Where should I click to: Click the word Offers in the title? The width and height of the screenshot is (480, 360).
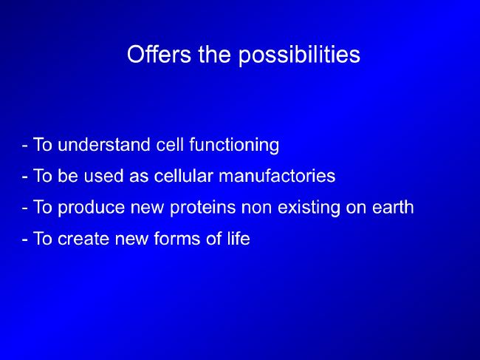point(159,55)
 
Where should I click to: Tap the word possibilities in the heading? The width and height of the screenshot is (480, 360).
point(299,56)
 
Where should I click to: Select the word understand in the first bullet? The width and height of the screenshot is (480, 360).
point(104,145)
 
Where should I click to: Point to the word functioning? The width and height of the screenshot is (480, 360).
point(234,145)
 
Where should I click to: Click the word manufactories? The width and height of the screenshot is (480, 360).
point(277,176)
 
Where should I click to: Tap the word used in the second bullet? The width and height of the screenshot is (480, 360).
point(103,176)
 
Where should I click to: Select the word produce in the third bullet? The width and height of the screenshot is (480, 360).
point(92,208)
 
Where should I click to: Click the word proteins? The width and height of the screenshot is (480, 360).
point(202,208)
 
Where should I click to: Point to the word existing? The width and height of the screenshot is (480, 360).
point(309,208)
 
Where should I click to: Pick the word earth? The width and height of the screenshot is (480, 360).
point(393,207)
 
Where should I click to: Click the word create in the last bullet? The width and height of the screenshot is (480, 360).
point(83,239)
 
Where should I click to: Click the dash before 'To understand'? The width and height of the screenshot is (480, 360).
point(24,146)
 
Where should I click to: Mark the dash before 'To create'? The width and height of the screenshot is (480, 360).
point(24,240)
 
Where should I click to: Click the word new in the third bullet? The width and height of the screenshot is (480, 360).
point(147,208)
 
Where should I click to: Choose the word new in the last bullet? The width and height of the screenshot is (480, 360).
point(131,240)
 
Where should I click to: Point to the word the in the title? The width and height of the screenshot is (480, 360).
point(214,55)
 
